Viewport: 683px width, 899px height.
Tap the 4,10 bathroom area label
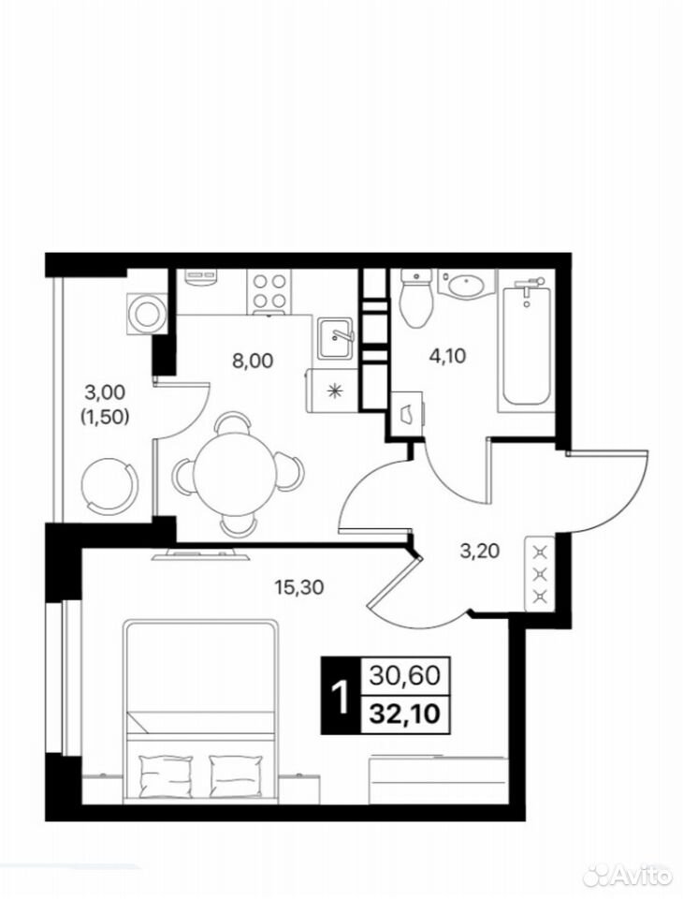coord(447,356)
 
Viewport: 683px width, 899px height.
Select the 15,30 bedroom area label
coord(299,586)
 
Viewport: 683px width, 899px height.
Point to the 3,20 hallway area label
coord(480,551)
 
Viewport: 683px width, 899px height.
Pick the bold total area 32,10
coord(404,714)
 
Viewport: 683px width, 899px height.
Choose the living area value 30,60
coord(404,676)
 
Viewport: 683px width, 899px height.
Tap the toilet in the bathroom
coord(415,298)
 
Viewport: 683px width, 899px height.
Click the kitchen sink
coord(335,338)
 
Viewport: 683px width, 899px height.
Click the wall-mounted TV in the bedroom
coord(200,554)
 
